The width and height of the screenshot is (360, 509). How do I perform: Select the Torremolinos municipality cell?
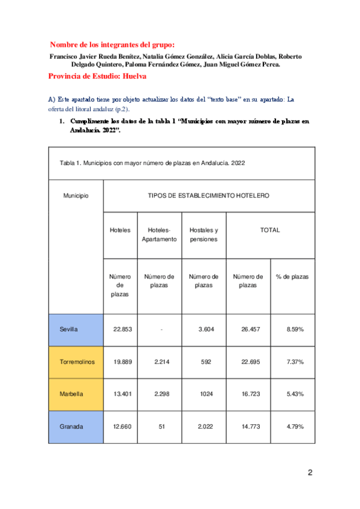pyautogui.click(x=76, y=362)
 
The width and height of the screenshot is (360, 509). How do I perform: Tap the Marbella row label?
pyautogui.click(x=71, y=394)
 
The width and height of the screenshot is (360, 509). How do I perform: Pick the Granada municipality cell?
pyautogui.click(x=71, y=427)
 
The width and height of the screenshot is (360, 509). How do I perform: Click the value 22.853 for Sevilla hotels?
pyautogui.click(x=124, y=330)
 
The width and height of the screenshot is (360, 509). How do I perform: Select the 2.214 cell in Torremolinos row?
pyautogui.click(x=159, y=362)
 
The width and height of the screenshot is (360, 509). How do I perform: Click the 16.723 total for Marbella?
pyautogui.click(x=248, y=394)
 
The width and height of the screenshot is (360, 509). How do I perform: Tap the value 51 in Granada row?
pyautogui.click(x=159, y=427)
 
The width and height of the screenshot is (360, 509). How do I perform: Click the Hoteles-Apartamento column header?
pyautogui.click(x=159, y=235)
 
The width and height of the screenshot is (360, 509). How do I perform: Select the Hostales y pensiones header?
pyautogui.click(x=203, y=235)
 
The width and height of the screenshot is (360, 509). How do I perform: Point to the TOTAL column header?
pyautogui.click(x=270, y=230)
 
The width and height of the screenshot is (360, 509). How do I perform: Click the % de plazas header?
pyautogui.click(x=292, y=277)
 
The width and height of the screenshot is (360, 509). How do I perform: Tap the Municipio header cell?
pyautogui.click(x=76, y=196)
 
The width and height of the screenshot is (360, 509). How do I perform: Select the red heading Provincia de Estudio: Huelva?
pyautogui.click(x=98, y=77)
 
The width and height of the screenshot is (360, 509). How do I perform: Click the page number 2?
pyautogui.click(x=310, y=472)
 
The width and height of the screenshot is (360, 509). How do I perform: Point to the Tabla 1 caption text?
pyautogui.click(x=152, y=163)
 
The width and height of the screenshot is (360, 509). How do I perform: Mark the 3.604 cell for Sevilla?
pyautogui.click(x=203, y=330)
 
